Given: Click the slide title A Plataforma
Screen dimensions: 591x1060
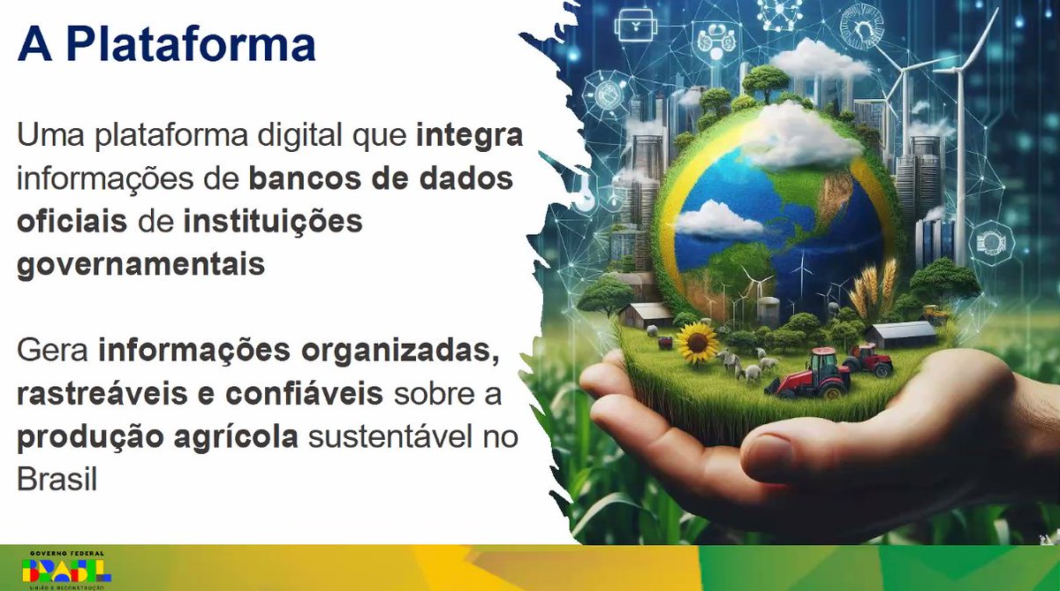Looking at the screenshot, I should [166, 44].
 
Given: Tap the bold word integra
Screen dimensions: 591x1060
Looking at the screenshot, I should [469, 137].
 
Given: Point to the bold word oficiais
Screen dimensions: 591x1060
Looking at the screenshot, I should [72, 221].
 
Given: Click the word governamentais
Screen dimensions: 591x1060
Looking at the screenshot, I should [140, 263].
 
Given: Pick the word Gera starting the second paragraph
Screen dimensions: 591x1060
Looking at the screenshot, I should [52, 351].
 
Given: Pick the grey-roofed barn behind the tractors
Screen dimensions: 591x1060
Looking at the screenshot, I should [902, 333].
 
